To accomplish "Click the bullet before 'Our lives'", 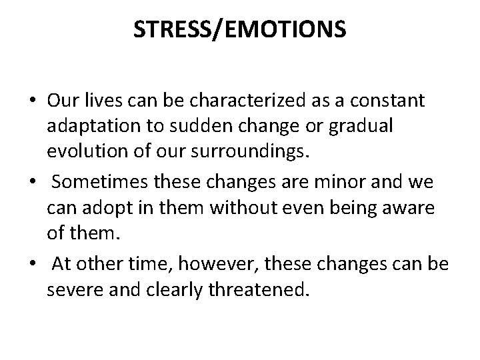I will pyautogui.click(x=32, y=101).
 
